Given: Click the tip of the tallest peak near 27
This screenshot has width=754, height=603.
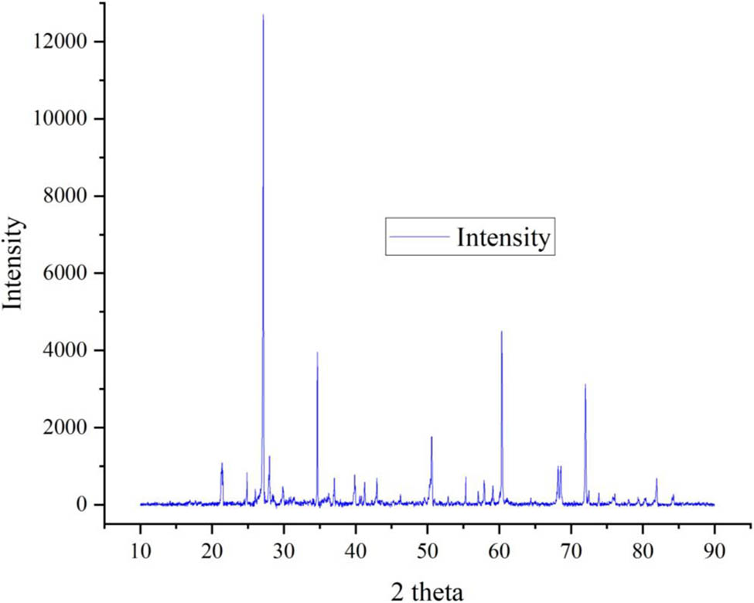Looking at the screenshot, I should [x=263, y=15].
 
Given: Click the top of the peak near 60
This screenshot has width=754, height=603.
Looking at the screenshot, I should [x=501, y=332].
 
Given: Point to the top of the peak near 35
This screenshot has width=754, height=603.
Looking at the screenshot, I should [x=317, y=353].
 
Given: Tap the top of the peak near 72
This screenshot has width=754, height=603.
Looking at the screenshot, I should [x=585, y=384].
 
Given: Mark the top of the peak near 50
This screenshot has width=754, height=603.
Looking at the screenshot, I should [x=432, y=437].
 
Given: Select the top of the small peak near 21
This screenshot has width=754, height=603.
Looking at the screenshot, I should [x=222, y=463].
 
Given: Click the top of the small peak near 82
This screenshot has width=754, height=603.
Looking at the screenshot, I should [x=657, y=479].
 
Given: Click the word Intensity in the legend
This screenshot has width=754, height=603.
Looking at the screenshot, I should [x=503, y=237].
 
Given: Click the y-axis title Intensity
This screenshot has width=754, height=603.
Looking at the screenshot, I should [x=13, y=264].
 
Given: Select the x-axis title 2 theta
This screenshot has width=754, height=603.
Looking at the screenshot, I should [x=427, y=591].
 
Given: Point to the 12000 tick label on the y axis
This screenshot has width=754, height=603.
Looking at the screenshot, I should [x=61, y=41].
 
